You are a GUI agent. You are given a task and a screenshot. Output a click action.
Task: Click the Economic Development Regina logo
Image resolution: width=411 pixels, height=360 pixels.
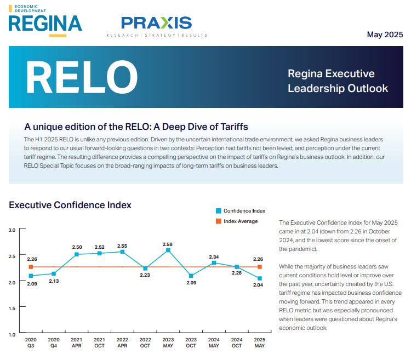[45, 21]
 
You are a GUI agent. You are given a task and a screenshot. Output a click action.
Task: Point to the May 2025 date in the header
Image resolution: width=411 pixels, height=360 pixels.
[385, 35]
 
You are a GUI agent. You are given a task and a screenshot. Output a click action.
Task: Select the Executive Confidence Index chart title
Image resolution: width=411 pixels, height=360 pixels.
[70, 205]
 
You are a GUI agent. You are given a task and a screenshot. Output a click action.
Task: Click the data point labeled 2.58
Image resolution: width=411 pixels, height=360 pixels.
[168, 250]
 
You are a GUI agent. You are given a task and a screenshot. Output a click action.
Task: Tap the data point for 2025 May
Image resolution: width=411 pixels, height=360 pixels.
[260, 278]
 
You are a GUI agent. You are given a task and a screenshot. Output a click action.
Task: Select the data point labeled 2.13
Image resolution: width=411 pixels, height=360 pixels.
[54, 273]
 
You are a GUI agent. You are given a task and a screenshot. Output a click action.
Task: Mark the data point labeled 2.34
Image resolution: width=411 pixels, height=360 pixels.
[214, 262]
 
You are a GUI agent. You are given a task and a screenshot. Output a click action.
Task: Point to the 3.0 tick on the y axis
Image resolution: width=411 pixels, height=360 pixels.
[12, 230]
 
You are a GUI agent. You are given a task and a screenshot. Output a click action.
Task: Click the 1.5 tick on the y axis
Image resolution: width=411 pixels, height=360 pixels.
[12, 308]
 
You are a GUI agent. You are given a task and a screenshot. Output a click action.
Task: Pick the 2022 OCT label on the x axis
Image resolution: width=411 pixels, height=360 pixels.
[145, 342]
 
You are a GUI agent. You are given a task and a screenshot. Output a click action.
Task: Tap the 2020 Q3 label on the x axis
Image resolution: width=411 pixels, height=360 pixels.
[31, 342]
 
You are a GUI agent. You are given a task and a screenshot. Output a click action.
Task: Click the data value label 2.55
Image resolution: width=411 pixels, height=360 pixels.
[122, 246]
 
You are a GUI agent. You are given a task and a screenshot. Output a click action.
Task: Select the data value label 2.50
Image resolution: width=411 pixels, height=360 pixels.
[77, 247]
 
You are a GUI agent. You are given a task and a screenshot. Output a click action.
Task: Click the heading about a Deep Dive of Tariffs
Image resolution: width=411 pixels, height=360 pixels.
[136, 127]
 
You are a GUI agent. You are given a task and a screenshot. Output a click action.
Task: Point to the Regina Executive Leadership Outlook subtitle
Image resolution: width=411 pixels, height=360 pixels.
[338, 81]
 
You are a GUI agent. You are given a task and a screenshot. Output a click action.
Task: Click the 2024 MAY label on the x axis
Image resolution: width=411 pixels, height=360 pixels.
[214, 342]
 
